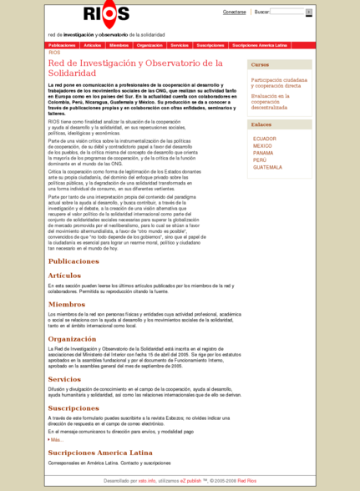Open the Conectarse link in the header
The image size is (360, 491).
click(234, 13)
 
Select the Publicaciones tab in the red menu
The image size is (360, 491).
click(63, 44)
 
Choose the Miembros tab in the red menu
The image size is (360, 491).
click(119, 44)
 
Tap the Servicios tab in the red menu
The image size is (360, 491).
click(179, 44)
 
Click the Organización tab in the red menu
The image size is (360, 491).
click(150, 44)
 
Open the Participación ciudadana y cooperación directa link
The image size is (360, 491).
click(279, 82)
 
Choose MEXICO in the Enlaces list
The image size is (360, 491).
click(262, 145)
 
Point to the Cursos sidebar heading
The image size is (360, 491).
click(260, 64)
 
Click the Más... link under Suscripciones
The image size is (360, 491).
click(56, 439)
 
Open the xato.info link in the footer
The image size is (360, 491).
click(148, 481)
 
